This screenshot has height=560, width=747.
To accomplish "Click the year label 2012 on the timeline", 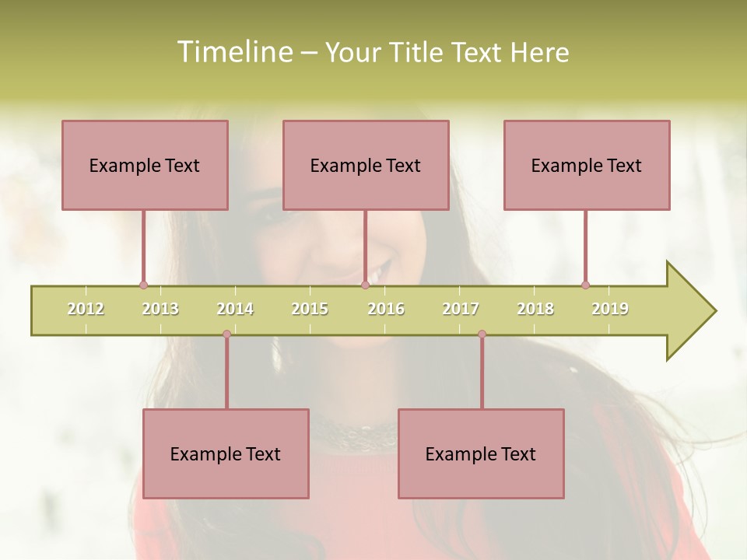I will [86, 309].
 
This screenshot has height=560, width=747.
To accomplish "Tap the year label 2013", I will [160, 309].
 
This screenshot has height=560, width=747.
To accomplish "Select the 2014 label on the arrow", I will [235, 309].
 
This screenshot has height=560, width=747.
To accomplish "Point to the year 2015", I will [310, 309].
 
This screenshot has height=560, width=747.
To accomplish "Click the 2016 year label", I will [386, 309].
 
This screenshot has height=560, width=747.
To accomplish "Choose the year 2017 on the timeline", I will [461, 309].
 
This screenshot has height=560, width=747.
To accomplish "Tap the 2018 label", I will [535, 309].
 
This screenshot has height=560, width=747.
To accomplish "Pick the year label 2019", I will [610, 309].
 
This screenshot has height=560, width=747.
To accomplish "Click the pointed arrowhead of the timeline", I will [693, 311].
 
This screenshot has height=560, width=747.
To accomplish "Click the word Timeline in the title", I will [233, 52].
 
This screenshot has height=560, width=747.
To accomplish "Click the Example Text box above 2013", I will [145, 165].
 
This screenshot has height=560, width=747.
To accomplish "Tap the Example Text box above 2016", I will [366, 165].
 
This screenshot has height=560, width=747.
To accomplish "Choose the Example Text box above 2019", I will [587, 165].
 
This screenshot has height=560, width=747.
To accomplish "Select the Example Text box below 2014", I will [226, 453].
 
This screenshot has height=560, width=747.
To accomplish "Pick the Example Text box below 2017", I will [481, 453].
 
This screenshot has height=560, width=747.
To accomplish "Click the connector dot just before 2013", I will [143, 285].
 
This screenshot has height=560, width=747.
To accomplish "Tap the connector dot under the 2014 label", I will [226, 334].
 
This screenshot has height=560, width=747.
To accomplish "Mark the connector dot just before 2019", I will [585, 285].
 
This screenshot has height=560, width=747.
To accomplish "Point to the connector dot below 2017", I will [482, 334].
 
